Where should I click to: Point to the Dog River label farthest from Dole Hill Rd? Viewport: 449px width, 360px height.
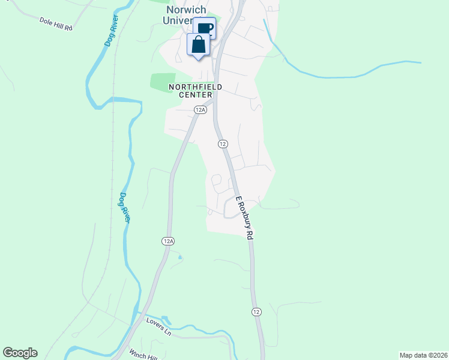tap(125, 207)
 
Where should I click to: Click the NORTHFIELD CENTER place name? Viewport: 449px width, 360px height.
tap(195, 91)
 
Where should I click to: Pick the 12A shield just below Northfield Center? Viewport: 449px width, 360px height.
tap(200, 109)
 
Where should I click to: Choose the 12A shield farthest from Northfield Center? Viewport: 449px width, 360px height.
tap(168, 241)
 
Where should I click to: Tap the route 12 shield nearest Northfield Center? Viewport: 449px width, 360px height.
tap(223, 144)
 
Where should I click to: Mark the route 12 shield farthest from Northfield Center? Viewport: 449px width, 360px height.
tap(256, 312)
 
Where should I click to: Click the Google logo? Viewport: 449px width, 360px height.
tap(20, 353)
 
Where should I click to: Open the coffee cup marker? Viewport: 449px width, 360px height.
tap(205, 28)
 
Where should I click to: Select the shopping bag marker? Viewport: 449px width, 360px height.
tap(199, 44)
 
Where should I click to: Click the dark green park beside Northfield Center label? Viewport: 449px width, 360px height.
tap(162, 80)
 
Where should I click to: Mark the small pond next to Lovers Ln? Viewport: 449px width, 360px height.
tap(166, 320)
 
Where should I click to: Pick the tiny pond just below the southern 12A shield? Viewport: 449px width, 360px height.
tap(179, 258)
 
